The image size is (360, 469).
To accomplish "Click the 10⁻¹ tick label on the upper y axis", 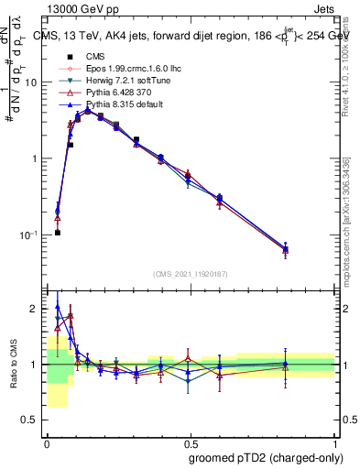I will pyautogui.click(x=31, y=234).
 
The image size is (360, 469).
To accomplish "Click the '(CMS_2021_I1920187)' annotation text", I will pyautogui.click(x=191, y=273).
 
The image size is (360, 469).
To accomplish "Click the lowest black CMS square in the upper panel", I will pyautogui.click(x=57, y=233).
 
